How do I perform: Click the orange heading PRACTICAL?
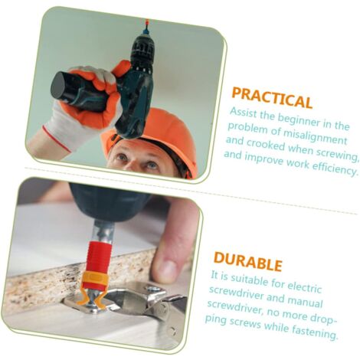click(272, 97)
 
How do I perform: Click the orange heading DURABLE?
click(248, 261)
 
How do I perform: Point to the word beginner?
click(299, 121)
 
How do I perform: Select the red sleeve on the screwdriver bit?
click(98, 257)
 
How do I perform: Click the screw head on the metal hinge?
click(154, 290)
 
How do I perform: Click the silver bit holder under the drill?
click(103, 229)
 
